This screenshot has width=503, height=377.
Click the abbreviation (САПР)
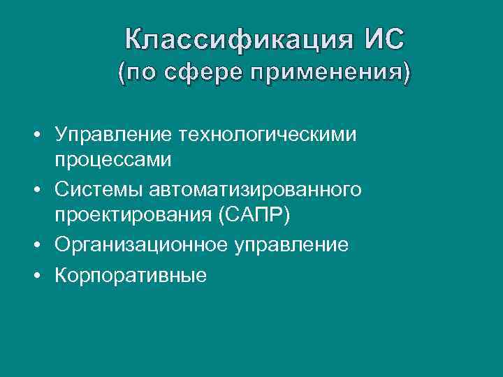click(254, 216)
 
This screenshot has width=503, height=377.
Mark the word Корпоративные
click(131, 275)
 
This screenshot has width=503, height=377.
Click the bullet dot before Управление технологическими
click(43, 134)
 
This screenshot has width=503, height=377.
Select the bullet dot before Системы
click(43, 190)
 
